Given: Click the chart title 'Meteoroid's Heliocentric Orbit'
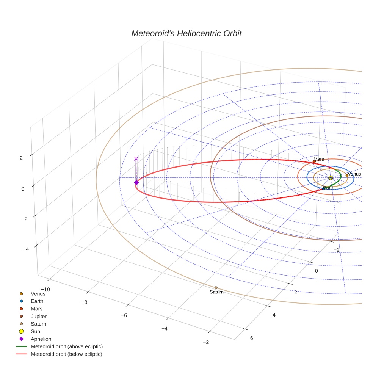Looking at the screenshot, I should tap(186, 33).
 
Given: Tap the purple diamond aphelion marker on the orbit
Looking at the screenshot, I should tap(136, 183).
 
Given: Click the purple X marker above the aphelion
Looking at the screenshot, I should tap(136, 159).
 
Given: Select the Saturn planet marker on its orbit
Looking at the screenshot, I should tap(216, 288).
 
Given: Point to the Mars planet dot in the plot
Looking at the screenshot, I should tap(314, 161).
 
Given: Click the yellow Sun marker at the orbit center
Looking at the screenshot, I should tap(331, 177).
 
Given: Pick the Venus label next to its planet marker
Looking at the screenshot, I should tap(354, 174).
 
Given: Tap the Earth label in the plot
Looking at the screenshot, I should tap(329, 188).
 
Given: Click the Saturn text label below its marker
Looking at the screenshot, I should tap(216, 292).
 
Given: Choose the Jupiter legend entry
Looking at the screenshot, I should tap(39, 316).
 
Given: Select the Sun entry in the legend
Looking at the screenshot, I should tap(35, 331).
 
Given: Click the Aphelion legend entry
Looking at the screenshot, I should tap(41, 339).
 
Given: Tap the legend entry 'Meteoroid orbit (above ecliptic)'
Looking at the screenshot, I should tap(67, 346).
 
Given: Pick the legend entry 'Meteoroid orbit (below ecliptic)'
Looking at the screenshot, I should tap(66, 354).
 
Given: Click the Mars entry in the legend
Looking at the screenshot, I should tap(36, 309).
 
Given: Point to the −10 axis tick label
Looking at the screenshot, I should tap(45, 290).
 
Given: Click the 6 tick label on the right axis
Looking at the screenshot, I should tap(252, 338).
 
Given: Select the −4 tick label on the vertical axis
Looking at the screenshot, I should tap(26, 249).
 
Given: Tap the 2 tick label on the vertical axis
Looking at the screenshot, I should tap(22, 158).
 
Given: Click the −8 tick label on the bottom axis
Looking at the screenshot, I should tap(84, 302).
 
